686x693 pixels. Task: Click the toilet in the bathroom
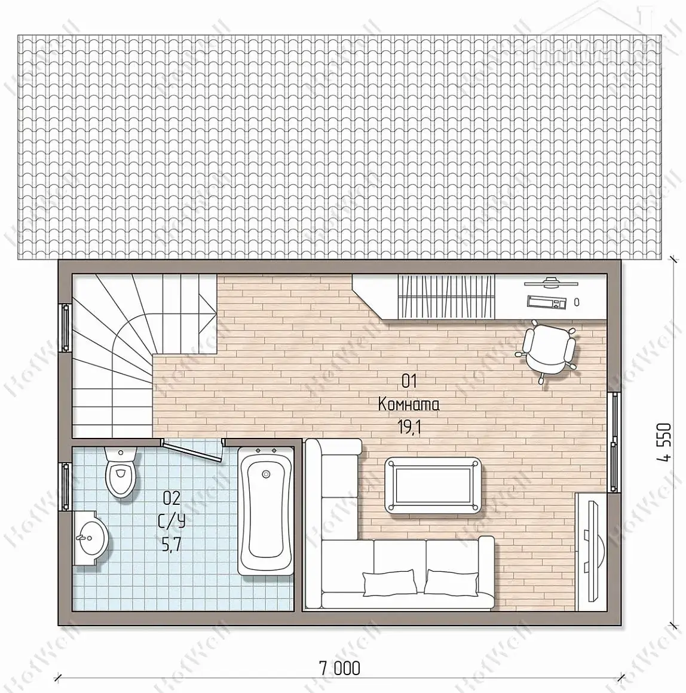click(x=121, y=471)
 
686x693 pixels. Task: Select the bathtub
click(x=266, y=511)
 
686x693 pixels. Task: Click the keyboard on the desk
click(x=546, y=302)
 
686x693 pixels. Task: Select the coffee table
click(x=433, y=485)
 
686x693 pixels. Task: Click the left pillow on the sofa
click(x=390, y=582)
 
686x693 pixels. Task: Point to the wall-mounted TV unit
click(x=590, y=551)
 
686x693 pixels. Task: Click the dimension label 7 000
click(x=339, y=668)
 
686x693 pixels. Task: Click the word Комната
click(x=409, y=404)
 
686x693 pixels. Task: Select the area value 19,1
click(x=409, y=427)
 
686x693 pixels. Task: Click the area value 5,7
click(x=171, y=545)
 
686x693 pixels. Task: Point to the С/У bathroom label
click(x=171, y=522)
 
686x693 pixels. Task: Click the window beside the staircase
click(x=65, y=327)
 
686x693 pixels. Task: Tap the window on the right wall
click(x=614, y=441)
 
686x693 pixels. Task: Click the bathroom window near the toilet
click(x=65, y=487)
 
